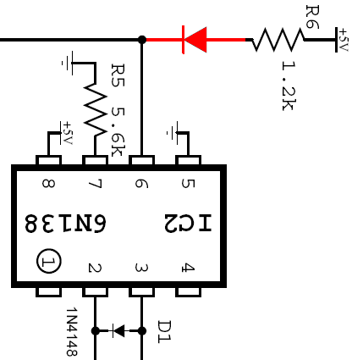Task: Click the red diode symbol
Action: click(x=195, y=40)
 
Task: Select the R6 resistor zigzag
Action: click(x=278, y=40)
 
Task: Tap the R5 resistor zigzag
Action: click(x=96, y=108)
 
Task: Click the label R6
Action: click(x=312, y=17)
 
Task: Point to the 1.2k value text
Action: click(x=289, y=86)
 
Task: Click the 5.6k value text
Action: click(x=118, y=131)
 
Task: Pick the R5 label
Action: click(x=118, y=75)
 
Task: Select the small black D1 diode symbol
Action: click(x=118, y=330)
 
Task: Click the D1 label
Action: click(x=164, y=332)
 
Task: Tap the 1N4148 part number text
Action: click(x=72, y=332)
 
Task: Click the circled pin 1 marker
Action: click(x=48, y=261)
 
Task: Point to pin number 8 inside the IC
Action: click(x=48, y=184)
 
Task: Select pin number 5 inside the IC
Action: click(x=188, y=184)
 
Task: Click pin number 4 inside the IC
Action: click(x=188, y=268)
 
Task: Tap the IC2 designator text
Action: click(x=188, y=223)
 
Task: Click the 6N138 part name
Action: click(x=65, y=223)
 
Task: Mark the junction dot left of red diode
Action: click(x=142, y=40)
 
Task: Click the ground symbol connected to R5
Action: click(x=69, y=63)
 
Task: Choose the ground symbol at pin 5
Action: click(x=173, y=132)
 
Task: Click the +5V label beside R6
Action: click(x=344, y=40)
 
